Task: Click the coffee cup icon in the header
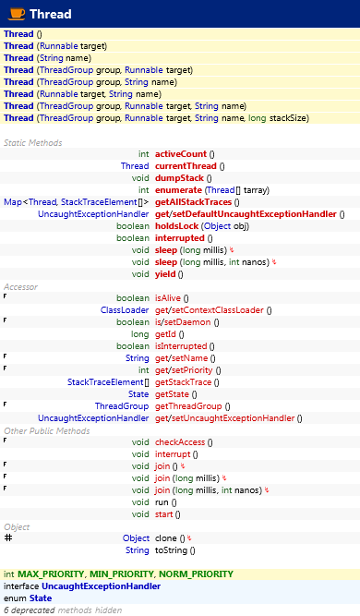15,14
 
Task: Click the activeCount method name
180,153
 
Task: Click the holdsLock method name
176,225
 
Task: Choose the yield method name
165,273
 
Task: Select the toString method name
172,550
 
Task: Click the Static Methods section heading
33,142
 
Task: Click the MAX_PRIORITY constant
49,574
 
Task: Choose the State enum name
41,598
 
